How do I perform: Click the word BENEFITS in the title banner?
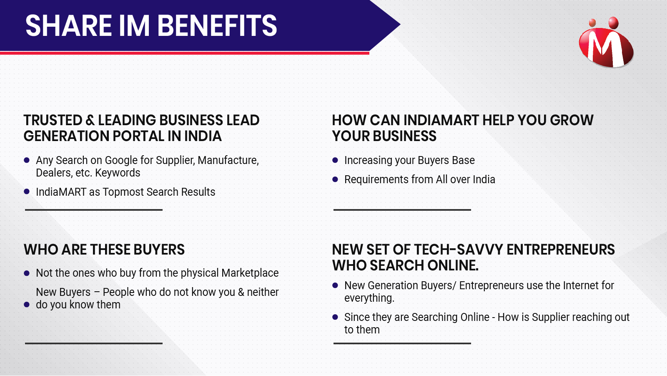click(x=217, y=26)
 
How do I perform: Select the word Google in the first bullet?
click(x=121, y=160)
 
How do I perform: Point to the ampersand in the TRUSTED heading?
click(x=90, y=120)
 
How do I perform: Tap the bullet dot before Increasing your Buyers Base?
click(x=335, y=160)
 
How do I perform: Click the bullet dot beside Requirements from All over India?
click(x=335, y=179)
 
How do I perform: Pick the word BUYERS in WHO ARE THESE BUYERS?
click(x=159, y=250)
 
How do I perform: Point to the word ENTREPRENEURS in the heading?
click(x=561, y=250)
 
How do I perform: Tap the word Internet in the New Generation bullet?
click(x=577, y=286)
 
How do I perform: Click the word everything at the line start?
click(x=369, y=298)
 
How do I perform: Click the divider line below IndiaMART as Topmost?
click(x=94, y=210)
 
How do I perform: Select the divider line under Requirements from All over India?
click(x=402, y=210)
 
